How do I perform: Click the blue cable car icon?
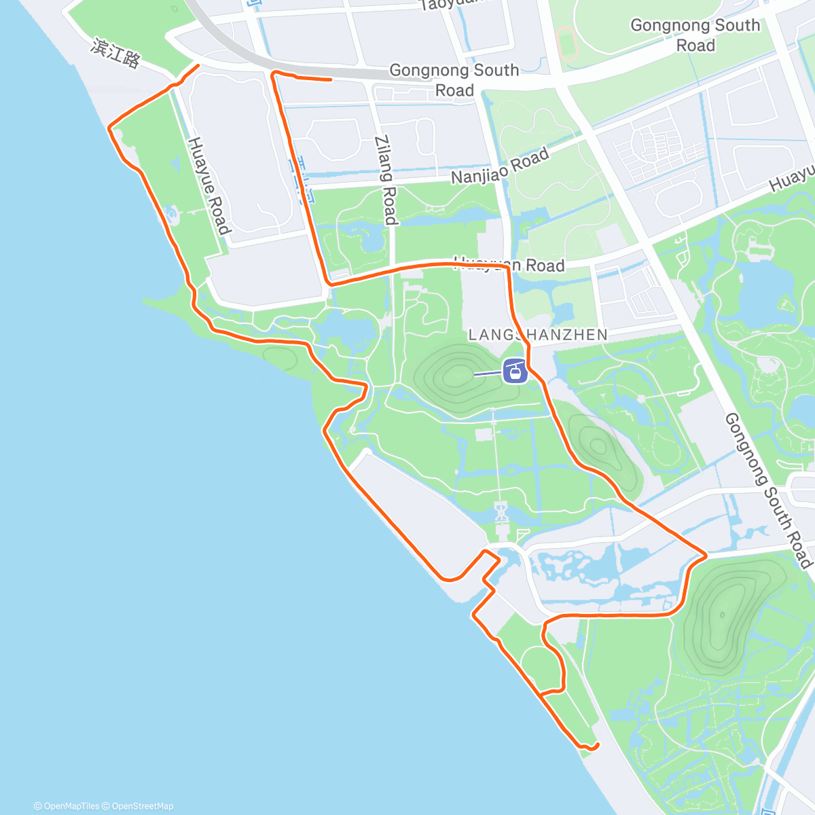[515, 372]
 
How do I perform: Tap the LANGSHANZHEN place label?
[538, 335]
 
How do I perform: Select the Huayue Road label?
[209, 185]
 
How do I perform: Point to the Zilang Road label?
[385, 179]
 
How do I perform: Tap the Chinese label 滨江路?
[115, 54]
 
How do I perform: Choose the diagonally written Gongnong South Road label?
[767, 490]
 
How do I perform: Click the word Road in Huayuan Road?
[545, 265]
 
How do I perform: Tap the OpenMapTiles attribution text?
[67, 806]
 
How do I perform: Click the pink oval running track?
[567, 43]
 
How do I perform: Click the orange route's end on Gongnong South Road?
[330, 79]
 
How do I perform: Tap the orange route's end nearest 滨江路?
[198, 65]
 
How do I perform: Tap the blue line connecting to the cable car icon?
[488, 374]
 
